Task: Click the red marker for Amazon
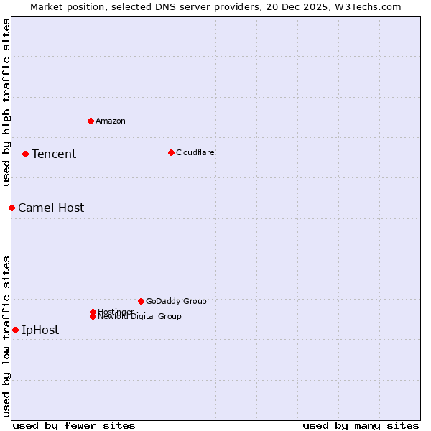coord(91,121)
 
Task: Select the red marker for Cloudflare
coord(171,152)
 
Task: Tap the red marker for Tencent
coord(25,154)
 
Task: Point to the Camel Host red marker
coord(11,208)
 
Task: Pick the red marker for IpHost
coord(15,330)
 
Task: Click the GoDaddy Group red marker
coord(141,301)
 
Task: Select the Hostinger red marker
coord(93,312)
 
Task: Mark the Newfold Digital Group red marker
coord(93,317)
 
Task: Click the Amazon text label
coord(111,121)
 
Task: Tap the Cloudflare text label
coord(195,152)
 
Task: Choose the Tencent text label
coord(54,154)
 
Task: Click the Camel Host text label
coord(51,208)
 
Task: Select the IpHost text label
coord(40,330)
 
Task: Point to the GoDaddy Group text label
coord(176,301)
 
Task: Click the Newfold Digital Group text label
coord(140,317)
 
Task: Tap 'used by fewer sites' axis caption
coord(74,425)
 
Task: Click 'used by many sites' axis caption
coord(361,425)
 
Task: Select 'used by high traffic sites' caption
coord(6,102)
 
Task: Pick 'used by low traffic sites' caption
coord(6,335)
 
